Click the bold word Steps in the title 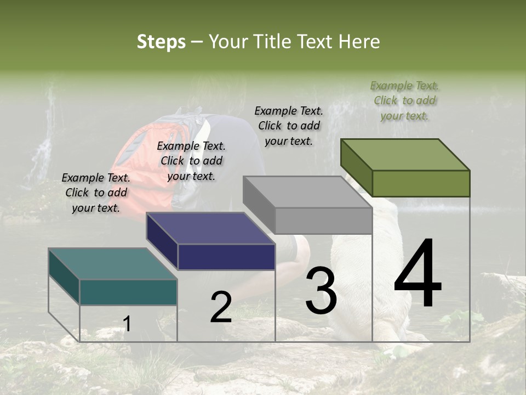tap(161, 42)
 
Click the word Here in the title tap(359, 42)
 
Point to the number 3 tap(321, 290)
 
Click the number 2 tap(221, 307)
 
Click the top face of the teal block tap(112, 264)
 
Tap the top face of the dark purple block tap(210, 228)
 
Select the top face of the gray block tap(307, 192)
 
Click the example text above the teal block tap(96, 193)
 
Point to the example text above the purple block tap(191, 161)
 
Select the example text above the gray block tap(289, 126)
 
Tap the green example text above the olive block tap(405, 100)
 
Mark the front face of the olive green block tap(421, 183)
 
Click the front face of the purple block tap(226, 257)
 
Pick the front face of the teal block tap(128, 292)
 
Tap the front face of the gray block tap(323, 221)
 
